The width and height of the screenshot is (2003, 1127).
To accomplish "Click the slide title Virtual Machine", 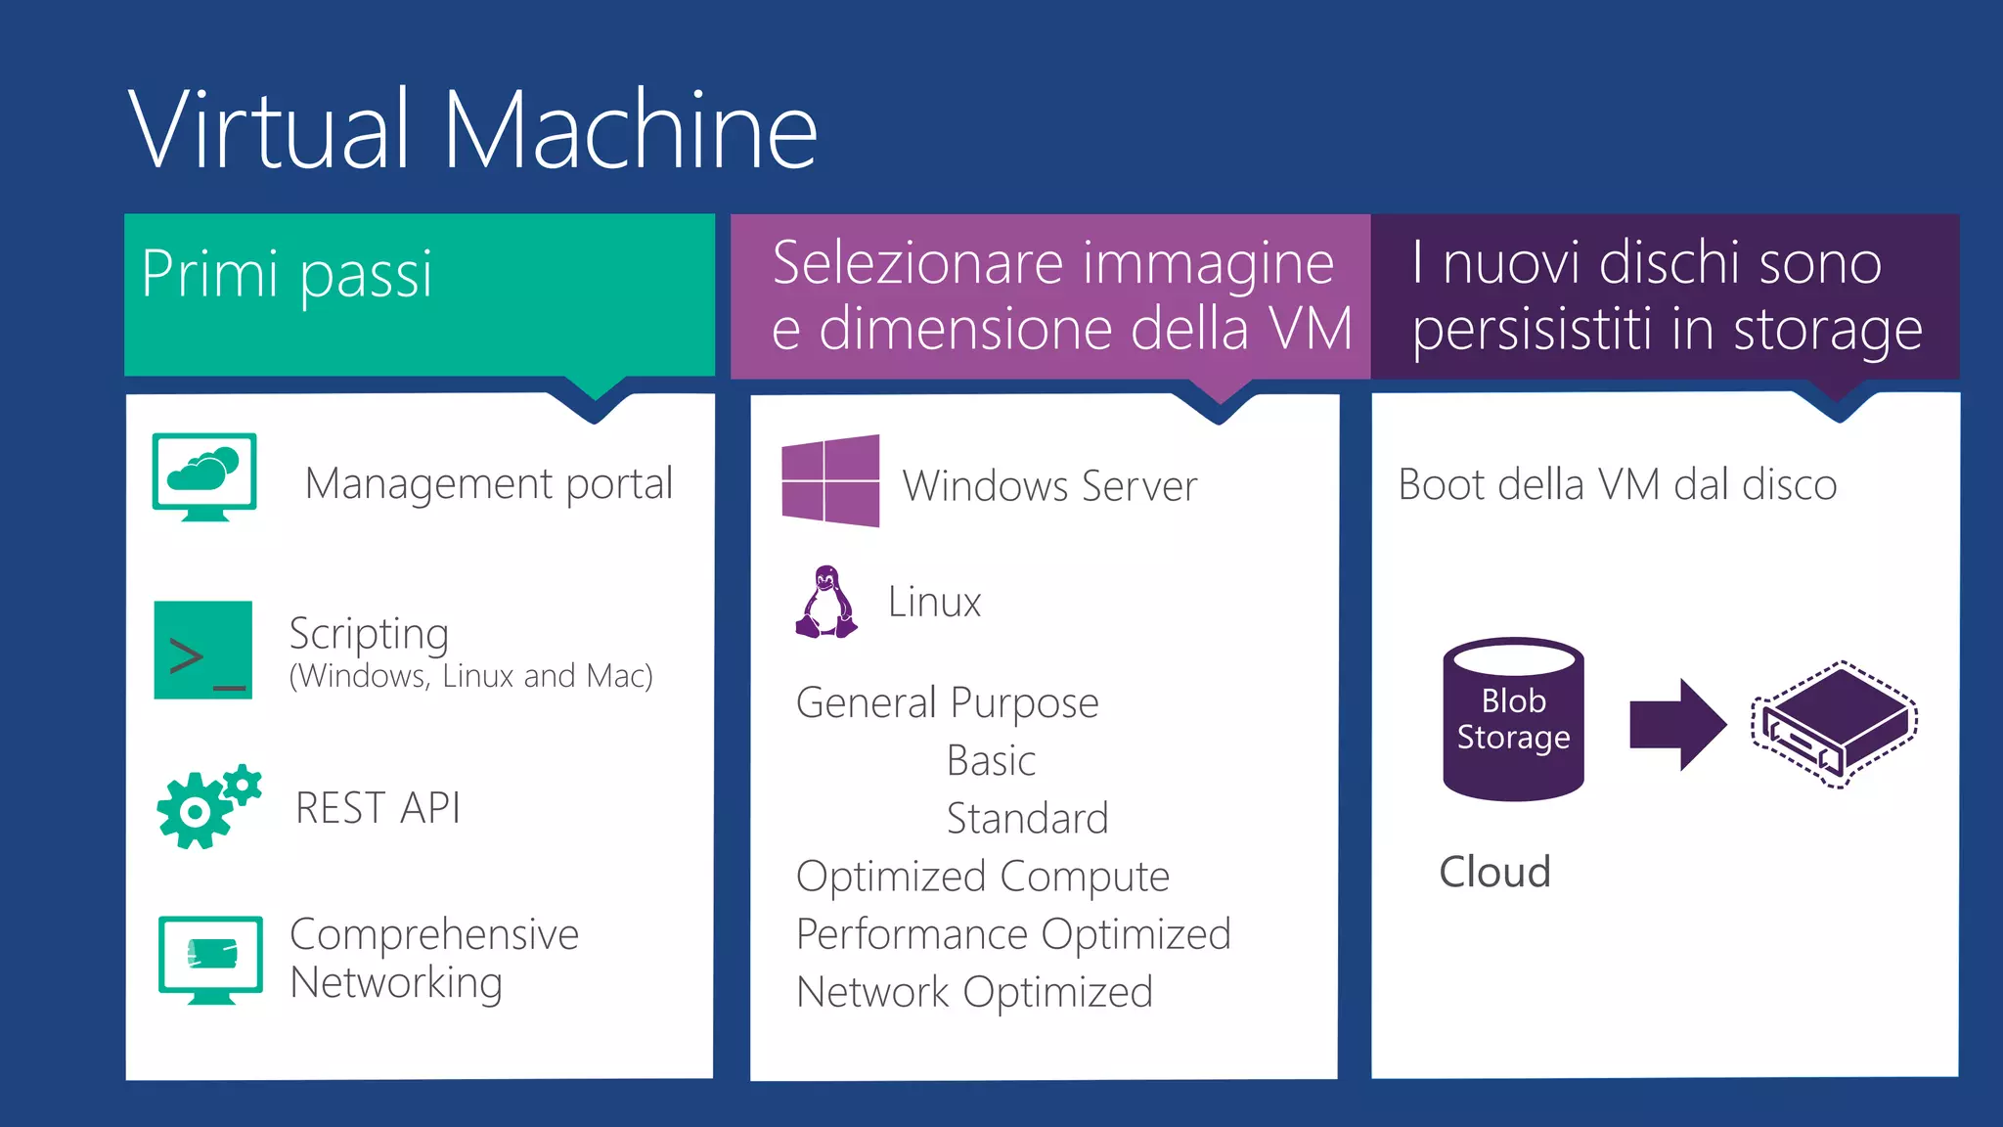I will click(472, 129).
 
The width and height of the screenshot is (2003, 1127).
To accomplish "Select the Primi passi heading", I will click(287, 274).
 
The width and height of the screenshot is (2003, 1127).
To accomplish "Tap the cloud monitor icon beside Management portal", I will click(204, 476).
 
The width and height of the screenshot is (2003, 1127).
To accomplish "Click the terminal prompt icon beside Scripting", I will click(203, 651).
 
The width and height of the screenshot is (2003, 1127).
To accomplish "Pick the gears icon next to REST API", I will click(208, 806).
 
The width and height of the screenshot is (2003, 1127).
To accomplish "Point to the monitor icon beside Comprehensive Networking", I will click(210, 959).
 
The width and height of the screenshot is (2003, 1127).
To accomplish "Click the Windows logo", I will click(830, 481).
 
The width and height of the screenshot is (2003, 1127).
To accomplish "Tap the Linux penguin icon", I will click(826, 602).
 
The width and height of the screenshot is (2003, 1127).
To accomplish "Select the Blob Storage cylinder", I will click(1513, 719).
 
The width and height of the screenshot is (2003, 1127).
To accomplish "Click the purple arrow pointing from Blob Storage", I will click(1676, 724).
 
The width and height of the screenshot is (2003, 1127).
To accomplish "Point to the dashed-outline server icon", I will click(1835, 724).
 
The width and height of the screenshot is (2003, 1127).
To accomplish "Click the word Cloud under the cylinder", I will click(1494, 872).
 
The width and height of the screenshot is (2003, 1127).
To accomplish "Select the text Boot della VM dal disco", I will click(1617, 484).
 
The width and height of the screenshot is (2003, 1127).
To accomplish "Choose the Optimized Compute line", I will click(982, 877).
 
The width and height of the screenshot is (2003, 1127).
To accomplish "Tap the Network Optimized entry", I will click(974, 992).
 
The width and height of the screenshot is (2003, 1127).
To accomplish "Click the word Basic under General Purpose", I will click(991, 761).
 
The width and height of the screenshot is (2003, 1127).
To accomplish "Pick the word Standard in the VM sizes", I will click(1027, 819).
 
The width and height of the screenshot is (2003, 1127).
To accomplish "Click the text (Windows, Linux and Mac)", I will click(470, 676).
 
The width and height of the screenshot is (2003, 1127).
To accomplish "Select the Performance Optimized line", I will click(1013, 934).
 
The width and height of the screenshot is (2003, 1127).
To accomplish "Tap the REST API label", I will click(378, 808).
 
